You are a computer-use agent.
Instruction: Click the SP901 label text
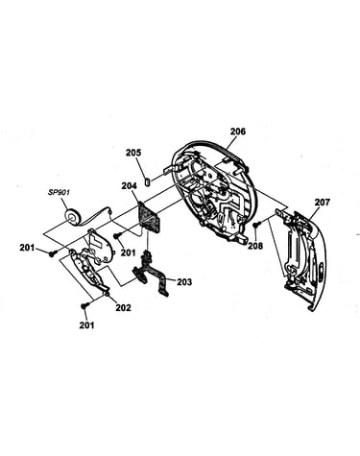pyautogui.click(x=59, y=193)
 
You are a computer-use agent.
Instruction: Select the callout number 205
pyautogui.click(x=133, y=153)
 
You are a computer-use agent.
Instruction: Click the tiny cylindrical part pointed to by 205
pyautogui.click(x=148, y=181)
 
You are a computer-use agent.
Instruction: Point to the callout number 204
pyautogui.click(x=129, y=185)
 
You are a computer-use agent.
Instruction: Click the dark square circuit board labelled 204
pyautogui.click(x=148, y=217)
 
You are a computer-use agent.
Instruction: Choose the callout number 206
pyautogui.click(x=238, y=132)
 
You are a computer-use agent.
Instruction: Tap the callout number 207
pyautogui.click(x=322, y=203)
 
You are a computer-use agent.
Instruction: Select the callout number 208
pyautogui.click(x=255, y=246)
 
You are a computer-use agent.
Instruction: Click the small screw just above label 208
pyautogui.click(x=256, y=225)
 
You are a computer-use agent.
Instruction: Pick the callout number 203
pyautogui.click(x=184, y=282)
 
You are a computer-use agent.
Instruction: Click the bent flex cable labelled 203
pyautogui.click(x=151, y=273)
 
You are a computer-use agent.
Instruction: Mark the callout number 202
pyautogui.click(x=123, y=308)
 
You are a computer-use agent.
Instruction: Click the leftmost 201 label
pyautogui.click(x=28, y=248)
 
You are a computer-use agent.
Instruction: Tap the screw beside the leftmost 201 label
pyautogui.click(x=53, y=253)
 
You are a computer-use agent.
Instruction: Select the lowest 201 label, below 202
pyautogui.click(x=86, y=325)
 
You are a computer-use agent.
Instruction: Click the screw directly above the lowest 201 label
pyautogui.click(x=84, y=306)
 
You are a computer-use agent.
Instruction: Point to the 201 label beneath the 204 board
pyautogui.click(x=128, y=252)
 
